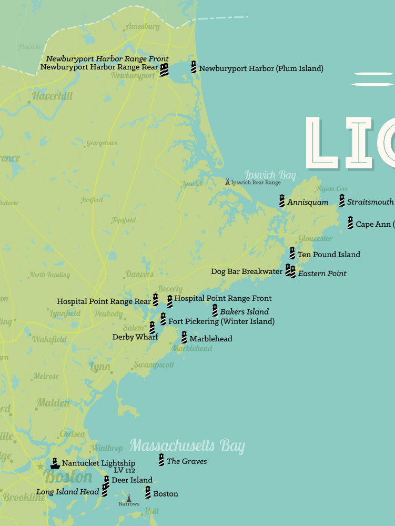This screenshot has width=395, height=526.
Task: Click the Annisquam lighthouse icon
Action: [282, 201]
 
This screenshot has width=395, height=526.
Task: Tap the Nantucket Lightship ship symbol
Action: [55, 463]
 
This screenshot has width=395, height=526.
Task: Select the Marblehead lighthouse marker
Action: [184, 338]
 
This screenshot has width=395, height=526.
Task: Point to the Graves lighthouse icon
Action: [161, 460]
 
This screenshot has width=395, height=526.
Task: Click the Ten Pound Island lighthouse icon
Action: [292, 254]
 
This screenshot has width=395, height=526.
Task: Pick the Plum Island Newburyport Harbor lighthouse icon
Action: [194, 67]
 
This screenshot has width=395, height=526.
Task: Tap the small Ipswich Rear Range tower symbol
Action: [228, 181]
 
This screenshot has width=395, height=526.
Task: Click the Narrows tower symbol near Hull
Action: [128, 498]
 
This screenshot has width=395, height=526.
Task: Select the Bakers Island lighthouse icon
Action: [215, 310]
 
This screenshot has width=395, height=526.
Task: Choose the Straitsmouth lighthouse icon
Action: [342, 201]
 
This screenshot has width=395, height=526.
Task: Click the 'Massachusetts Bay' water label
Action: [187, 446]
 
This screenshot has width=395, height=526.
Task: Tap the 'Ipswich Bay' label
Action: [270, 175]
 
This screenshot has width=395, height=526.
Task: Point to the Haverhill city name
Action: [53, 96]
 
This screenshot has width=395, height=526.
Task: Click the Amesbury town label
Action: [143, 27]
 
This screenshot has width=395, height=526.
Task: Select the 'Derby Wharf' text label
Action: [135, 337]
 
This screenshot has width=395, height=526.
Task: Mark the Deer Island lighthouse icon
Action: [106, 480]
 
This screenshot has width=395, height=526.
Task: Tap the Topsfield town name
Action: [124, 220]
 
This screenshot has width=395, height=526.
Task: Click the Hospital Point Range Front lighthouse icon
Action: [170, 301]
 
